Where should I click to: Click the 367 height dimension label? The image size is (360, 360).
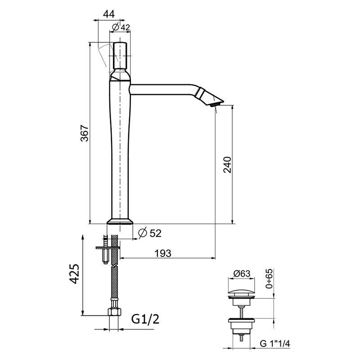pyautogui.click(x=85, y=133)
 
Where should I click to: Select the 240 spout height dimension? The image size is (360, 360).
pyautogui.click(x=228, y=165)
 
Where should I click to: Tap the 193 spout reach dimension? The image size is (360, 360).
pyautogui.click(x=163, y=253)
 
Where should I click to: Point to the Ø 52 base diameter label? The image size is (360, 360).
pyautogui.click(x=150, y=233)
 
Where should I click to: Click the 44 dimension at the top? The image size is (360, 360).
pyautogui.click(x=109, y=14)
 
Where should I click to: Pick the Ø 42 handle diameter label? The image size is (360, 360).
pyautogui.click(x=121, y=27)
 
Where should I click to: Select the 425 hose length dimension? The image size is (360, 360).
pyautogui.click(x=74, y=274)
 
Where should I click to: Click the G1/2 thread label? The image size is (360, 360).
pyautogui.click(x=145, y=319)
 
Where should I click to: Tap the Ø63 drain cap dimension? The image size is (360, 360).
pyautogui.click(x=242, y=274)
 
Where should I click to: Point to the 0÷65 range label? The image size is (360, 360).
pyautogui.click(x=269, y=279)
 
